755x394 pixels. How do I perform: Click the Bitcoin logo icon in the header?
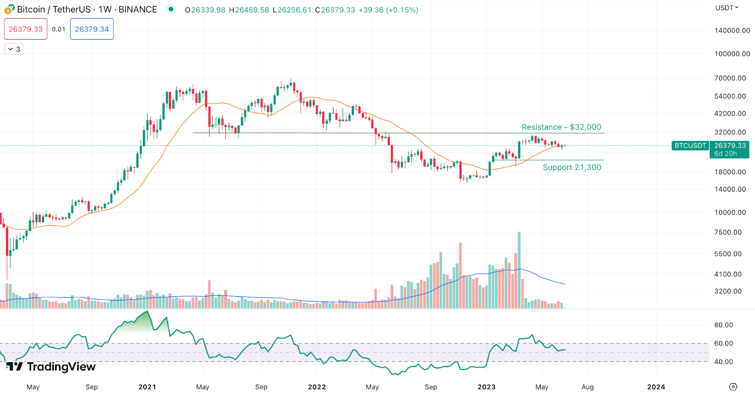click(x=9, y=9)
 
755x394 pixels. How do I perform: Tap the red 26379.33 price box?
click(x=26, y=29)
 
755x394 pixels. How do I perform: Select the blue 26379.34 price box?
click(x=92, y=29)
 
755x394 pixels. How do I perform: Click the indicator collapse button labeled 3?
click(x=14, y=49)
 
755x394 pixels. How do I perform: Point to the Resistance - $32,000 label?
click(x=562, y=127)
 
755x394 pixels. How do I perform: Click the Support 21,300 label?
click(x=572, y=168)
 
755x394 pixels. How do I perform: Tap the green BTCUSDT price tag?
click(x=690, y=146)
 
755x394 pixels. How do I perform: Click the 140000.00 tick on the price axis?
click(x=732, y=31)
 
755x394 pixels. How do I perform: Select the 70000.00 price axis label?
click(x=730, y=78)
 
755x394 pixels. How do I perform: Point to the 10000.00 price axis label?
click(x=730, y=212)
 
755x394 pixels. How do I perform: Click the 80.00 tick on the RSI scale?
click(x=723, y=325)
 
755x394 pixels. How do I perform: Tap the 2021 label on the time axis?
click(x=147, y=387)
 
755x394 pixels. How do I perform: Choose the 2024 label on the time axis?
click(x=656, y=387)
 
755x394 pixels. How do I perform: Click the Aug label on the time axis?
click(x=587, y=387)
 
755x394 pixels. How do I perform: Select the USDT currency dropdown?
click(x=727, y=8)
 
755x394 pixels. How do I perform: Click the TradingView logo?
click(x=51, y=367)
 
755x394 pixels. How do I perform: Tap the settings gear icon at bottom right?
click(x=733, y=387)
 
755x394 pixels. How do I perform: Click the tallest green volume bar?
click(x=519, y=270)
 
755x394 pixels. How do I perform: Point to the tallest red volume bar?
click(x=460, y=276)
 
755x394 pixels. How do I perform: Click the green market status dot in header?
click(x=171, y=9)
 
